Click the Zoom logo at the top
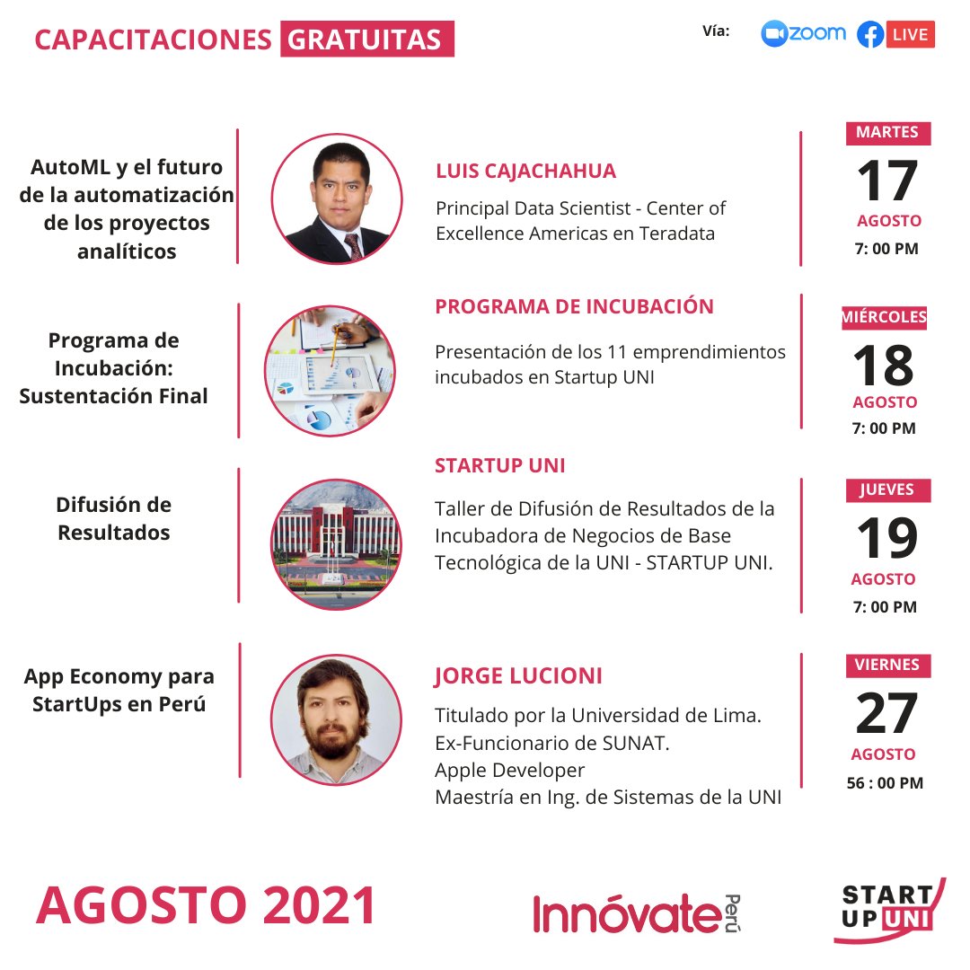point(803,34)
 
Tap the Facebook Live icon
point(895,35)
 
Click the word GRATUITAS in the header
point(366,40)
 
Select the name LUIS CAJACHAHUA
point(525,172)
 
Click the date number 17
point(887,181)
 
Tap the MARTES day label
point(887,133)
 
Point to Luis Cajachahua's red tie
point(353,244)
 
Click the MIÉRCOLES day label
point(885,317)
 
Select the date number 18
point(884,366)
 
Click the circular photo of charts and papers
point(330,371)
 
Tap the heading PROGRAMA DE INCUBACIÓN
point(574,306)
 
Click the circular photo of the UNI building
point(336,543)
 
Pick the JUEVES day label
point(887,490)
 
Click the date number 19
point(886,539)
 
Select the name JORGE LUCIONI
point(518,675)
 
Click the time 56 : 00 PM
point(885,783)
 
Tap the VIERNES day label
point(887,666)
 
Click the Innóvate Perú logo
point(636,913)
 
